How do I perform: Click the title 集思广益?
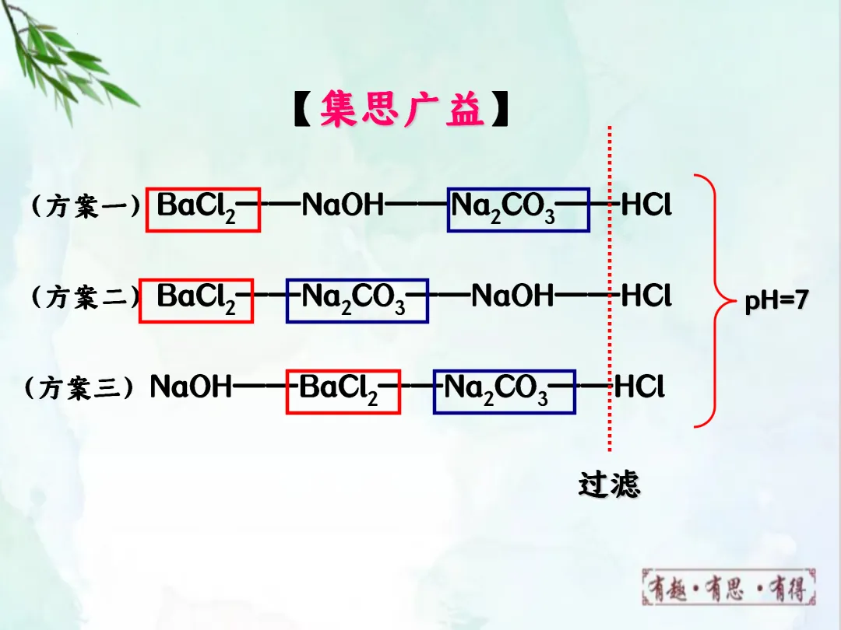coord(401,110)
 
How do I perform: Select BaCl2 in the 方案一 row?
coord(202,208)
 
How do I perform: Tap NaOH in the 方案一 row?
coord(343,206)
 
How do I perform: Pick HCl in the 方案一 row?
coord(646,206)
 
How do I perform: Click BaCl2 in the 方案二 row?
coord(195,299)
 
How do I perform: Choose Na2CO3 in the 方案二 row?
coord(357,299)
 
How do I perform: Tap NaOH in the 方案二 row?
coord(512,296)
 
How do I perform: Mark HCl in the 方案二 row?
coord(646,296)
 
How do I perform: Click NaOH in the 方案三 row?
coord(191,387)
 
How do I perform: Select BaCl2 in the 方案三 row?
coord(343,390)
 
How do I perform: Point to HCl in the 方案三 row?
coord(639,387)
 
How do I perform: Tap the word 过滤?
coord(609,484)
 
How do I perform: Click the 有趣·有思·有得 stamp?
coord(729,588)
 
